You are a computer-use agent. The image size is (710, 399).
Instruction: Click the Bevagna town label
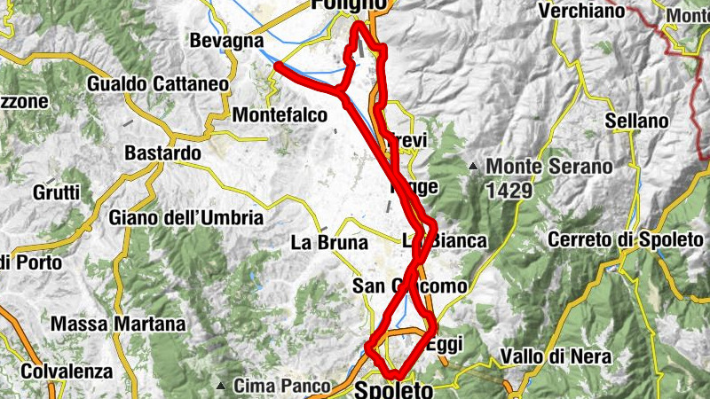tap(225, 41)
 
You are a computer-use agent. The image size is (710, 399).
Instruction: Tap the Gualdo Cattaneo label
tap(159, 85)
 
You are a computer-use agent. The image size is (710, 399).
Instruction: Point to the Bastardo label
tap(163, 153)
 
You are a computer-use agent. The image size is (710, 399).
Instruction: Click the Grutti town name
tap(56, 192)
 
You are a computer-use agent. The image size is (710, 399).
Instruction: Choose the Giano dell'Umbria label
tap(186, 217)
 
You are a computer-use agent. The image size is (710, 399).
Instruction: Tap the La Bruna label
tap(325, 241)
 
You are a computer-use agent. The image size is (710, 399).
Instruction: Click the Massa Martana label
tap(118, 325)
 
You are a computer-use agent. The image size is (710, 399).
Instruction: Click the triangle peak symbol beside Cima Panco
tap(221, 386)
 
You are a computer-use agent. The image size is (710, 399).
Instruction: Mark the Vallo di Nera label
tap(556, 356)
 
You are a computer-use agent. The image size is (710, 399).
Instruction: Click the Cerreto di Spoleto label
tap(621, 239)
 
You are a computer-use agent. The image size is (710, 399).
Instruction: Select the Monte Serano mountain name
tap(549, 167)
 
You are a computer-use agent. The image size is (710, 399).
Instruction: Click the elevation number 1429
tap(509, 190)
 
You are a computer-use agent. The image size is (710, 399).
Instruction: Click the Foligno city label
tap(349, 5)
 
